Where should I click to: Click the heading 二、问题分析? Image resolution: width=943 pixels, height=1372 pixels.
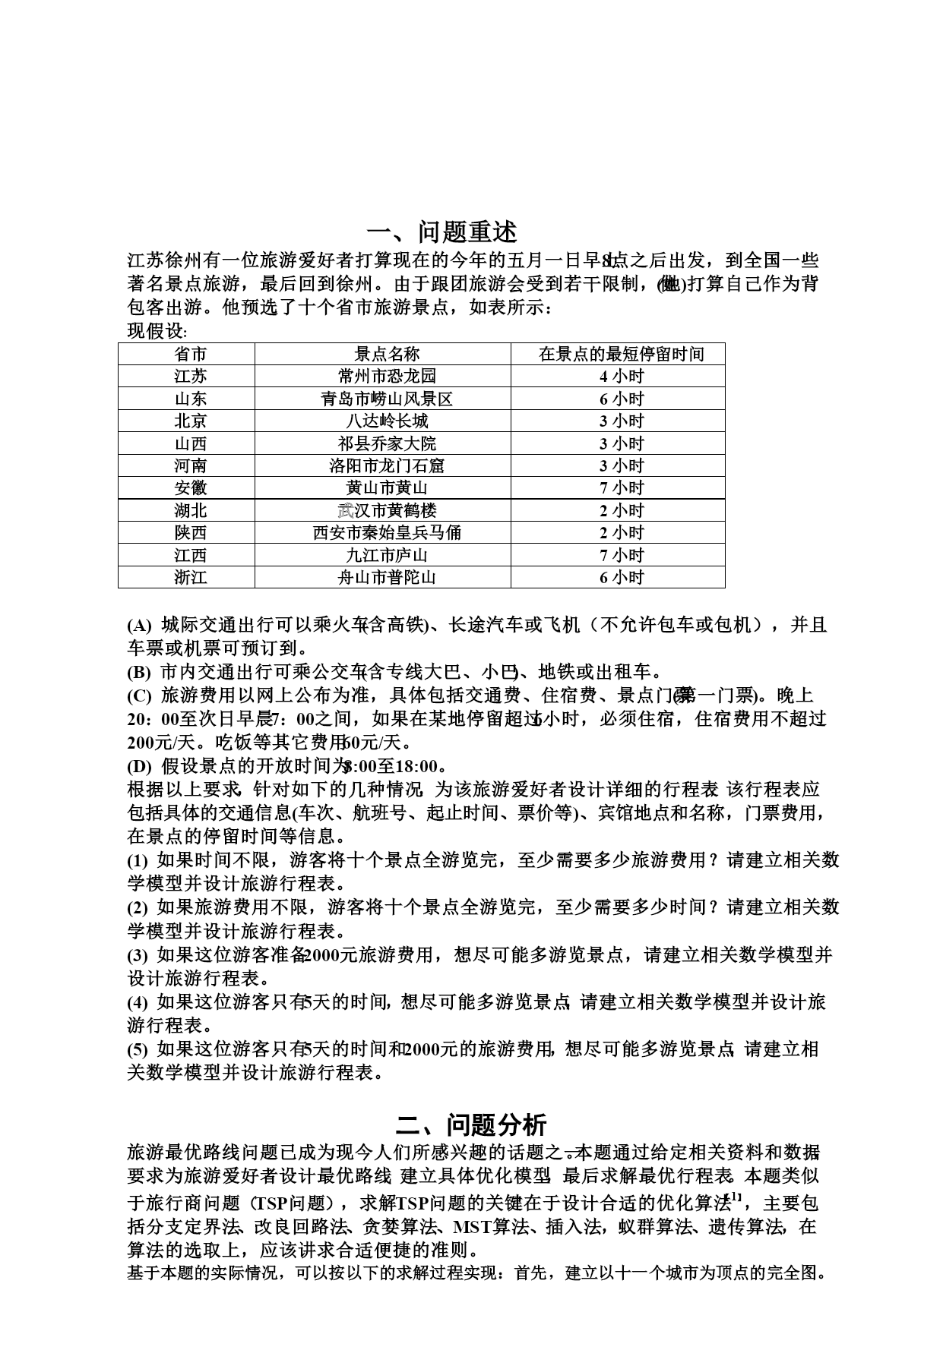pos(471,1124)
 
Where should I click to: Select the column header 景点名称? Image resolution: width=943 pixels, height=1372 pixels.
pos(387,354)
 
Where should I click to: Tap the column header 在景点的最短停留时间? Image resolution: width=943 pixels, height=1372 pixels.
pos(621,354)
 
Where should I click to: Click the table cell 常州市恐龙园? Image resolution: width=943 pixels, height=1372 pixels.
pos(387,376)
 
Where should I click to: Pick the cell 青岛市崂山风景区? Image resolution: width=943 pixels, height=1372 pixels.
pos(387,399)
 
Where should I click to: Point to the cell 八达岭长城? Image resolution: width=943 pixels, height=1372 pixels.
pos(387,421)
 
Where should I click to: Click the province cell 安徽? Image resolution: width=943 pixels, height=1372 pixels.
pos(190,487)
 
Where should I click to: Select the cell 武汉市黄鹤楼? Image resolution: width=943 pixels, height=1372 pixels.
pos(387,510)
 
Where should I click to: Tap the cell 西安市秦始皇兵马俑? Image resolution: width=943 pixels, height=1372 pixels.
pos(387,532)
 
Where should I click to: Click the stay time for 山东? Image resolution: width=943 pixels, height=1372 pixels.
pos(621,399)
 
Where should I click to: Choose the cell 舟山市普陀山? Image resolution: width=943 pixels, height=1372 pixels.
pos(387,577)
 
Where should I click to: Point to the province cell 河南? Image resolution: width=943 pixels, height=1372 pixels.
pos(190,465)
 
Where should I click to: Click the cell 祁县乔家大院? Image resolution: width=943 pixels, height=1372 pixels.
pos(387,443)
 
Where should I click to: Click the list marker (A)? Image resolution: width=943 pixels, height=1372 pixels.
pos(139,626)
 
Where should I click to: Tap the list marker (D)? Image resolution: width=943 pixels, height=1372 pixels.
pos(139,766)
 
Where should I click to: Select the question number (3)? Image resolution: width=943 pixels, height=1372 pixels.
pos(138,955)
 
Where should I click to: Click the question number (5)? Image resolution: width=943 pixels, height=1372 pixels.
pos(138,1049)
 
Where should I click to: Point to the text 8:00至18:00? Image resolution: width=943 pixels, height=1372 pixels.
pos(392,766)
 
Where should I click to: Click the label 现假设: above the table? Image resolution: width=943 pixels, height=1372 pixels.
pos(157,332)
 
